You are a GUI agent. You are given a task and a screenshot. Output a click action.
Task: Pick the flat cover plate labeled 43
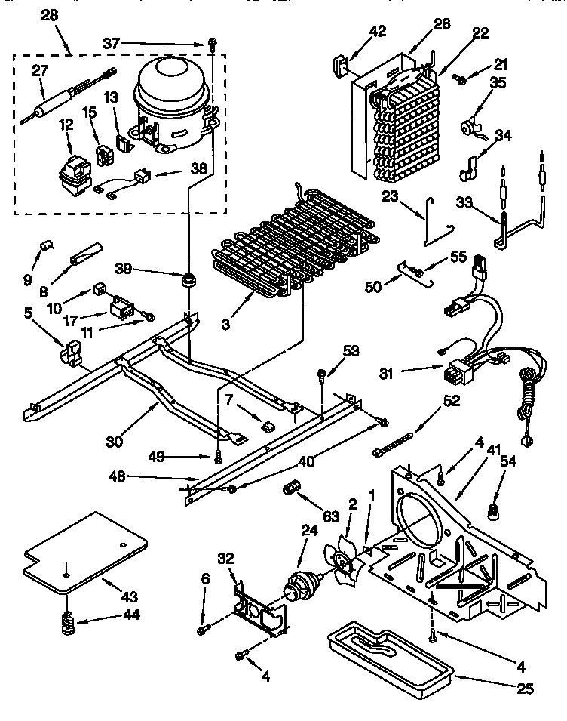[x=83, y=552]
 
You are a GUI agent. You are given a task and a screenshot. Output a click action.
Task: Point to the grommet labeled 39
[x=184, y=281]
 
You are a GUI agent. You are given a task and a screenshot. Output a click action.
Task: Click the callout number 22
[x=480, y=32]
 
